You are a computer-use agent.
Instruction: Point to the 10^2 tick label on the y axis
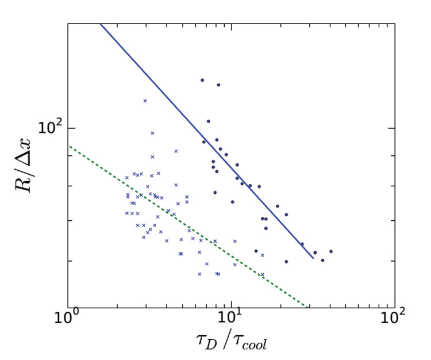coord(51,128)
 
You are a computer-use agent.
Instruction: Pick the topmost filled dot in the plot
coord(202,81)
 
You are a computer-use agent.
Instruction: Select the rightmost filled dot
coord(331,251)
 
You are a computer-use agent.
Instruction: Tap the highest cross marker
coord(145,101)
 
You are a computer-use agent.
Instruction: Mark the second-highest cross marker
coord(152,133)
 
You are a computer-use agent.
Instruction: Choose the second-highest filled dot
coord(218,85)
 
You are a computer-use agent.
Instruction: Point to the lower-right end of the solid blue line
coord(313,258)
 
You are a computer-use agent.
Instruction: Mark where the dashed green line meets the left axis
coord(68,146)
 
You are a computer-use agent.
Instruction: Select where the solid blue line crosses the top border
coord(101,24)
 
